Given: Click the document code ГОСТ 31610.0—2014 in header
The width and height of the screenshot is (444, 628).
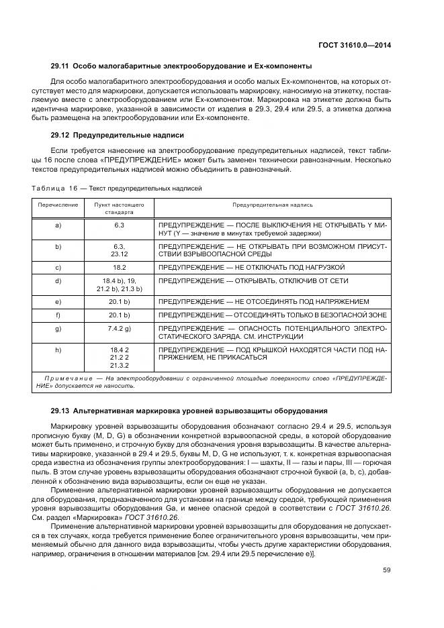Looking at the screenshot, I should point(356,45).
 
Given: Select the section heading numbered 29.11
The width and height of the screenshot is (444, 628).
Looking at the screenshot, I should point(181,66).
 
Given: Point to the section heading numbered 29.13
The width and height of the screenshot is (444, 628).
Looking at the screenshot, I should point(189,410).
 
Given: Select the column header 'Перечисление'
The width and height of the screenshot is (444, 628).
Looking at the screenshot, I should point(58,205).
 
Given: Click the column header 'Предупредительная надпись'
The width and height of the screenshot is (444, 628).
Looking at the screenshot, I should point(272,205).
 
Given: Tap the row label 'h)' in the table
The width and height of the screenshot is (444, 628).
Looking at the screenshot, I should point(58,350).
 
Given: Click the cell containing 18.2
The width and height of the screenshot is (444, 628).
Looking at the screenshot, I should point(120,266).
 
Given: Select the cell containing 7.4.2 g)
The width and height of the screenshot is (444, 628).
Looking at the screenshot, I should point(120,328).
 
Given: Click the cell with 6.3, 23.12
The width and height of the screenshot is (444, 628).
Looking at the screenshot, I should point(120,250).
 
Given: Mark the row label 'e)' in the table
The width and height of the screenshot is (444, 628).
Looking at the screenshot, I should point(58,301).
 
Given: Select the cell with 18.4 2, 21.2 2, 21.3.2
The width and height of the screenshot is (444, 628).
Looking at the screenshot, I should point(120,358).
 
